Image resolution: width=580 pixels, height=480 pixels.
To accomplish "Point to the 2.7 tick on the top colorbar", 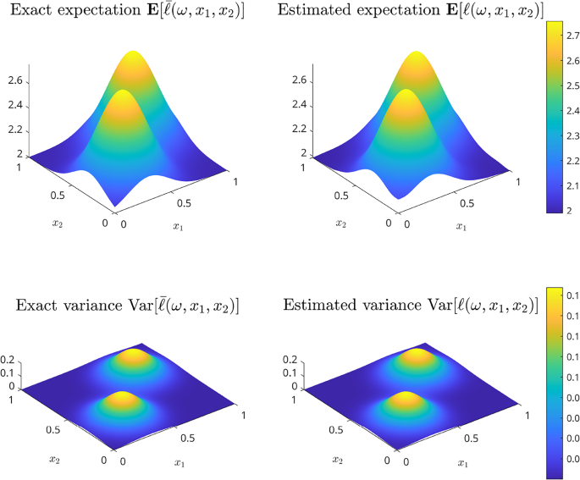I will [x=571, y=37].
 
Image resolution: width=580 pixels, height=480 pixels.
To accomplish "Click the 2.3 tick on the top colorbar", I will [x=571, y=136].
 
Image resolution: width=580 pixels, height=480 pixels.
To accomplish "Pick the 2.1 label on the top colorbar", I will [x=571, y=185].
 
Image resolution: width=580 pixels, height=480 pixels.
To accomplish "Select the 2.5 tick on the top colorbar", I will [x=571, y=86].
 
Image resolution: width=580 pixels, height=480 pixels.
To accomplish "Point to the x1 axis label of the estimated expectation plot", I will [x=460, y=227].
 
